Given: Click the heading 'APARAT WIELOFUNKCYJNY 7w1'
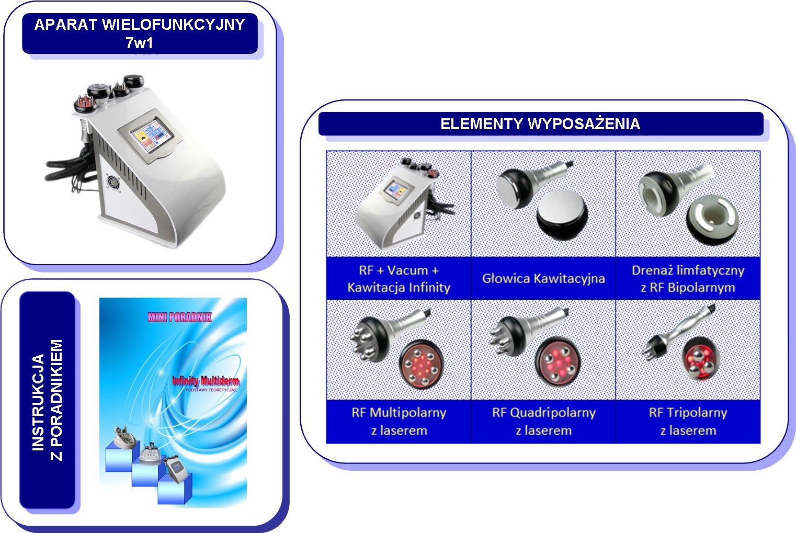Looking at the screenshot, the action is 140,33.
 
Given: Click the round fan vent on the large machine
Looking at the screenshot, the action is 113,182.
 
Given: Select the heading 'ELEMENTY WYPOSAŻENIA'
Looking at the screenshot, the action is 540,124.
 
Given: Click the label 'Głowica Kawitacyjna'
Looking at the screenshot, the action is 543,278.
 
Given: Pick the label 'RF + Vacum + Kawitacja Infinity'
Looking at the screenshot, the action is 399,279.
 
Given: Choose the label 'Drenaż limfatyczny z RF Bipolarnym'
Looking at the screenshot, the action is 688,279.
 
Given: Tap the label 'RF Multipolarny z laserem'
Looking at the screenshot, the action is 399,422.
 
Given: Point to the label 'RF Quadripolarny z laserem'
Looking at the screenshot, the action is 544,422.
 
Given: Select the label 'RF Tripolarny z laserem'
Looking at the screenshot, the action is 688,422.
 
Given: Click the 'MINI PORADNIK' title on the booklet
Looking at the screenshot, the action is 179,317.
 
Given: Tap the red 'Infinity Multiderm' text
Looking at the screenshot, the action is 206,381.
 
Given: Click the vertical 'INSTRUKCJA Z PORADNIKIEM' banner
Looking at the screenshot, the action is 47,400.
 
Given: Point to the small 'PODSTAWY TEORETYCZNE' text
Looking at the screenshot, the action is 211,390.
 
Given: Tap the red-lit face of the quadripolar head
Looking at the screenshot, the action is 558,362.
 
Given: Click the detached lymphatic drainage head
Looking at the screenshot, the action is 712,220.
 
